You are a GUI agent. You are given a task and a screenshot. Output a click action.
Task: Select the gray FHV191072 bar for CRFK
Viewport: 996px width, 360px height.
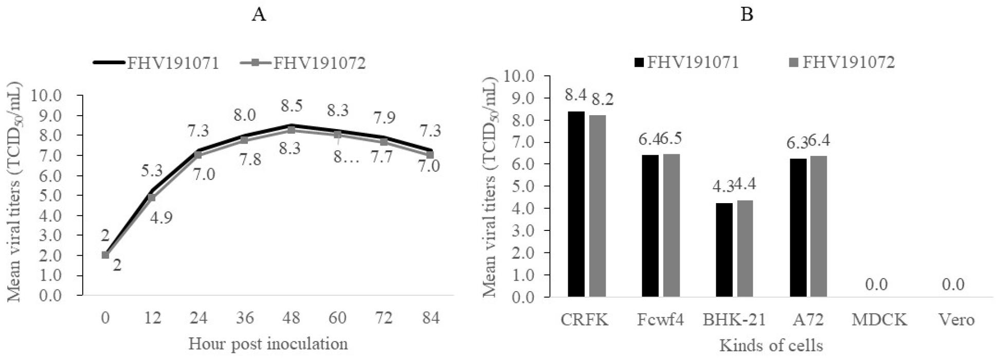(x=597, y=206)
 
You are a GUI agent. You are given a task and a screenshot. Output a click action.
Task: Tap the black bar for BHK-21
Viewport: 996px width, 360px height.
(x=724, y=250)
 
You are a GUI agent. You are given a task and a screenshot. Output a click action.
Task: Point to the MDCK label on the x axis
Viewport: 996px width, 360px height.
(x=879, y=320)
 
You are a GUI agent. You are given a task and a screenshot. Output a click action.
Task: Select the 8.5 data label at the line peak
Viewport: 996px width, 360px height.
(x=291, y=106)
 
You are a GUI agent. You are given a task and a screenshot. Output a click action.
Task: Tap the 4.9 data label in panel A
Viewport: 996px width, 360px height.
(x=161, y=217)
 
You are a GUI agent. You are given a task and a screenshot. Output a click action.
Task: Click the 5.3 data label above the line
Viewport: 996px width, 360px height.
(x=152, y=169)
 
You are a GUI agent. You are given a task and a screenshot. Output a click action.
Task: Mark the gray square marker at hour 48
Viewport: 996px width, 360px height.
(x=291, y=130)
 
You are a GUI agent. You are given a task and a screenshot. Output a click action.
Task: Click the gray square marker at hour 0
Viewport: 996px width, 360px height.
(x=105, y=255)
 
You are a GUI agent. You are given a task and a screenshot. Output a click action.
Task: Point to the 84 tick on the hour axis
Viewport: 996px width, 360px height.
(x=430, y=318)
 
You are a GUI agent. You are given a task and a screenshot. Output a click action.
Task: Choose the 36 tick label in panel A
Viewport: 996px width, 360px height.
(x=245, y=318)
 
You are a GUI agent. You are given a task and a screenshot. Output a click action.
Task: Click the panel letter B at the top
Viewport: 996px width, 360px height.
(x=746, y=15)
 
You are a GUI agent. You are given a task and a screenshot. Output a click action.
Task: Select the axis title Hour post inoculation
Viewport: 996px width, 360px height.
(x=268, y=344)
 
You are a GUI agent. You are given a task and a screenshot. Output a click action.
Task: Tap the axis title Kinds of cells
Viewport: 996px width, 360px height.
(x=771, y=345)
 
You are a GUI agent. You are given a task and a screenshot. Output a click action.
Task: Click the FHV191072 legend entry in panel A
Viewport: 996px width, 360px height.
(x=303, y=63)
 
